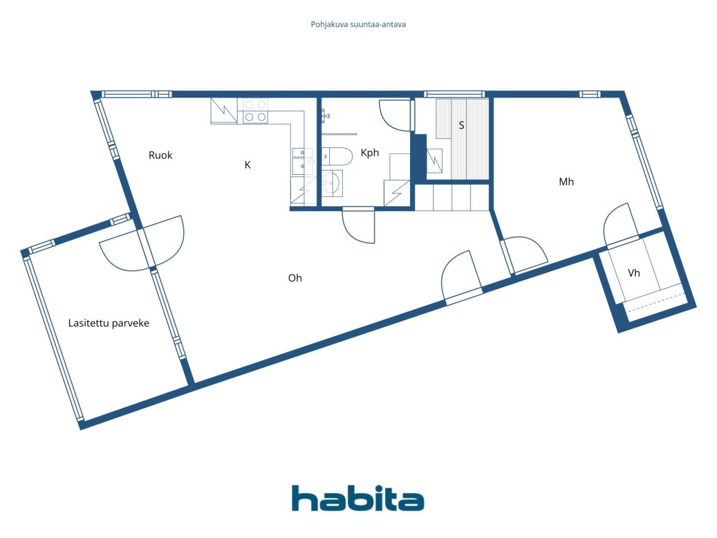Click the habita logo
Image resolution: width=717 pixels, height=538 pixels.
pyautogui.click(x=358, y=498)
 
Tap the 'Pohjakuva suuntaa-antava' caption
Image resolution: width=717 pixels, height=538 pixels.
pyautogui.click(x=358, y=25)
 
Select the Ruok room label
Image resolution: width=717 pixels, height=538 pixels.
pyautogui.click(x=160, y=155)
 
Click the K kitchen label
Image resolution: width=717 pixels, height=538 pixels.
pyautogui.click(x=248, y=165)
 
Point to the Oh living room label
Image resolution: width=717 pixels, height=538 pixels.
pyautogui.click(x=295, y=278)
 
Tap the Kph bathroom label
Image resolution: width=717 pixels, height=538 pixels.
pyautogui.click(x=370, y=153)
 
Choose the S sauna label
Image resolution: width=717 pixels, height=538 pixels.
pyautogui.click(x=462, y=125)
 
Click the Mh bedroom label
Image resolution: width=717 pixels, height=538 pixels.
pyautogui.click(x=566, y=182)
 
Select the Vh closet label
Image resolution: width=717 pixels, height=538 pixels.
pyautogui.click(x=634, y=273)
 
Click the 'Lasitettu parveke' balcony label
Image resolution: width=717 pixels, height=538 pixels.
pyautogui.click(x=109, y=323)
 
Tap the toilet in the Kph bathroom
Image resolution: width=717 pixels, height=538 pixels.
pyautogui.click(x=337, y=156)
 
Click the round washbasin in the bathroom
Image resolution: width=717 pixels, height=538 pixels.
pyautogui.click(x=332, y=183)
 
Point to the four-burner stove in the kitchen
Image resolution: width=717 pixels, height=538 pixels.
pyautogui.click(x=255, y=111)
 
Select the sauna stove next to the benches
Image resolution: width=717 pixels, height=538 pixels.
pyautogui.click(x=435, y=161)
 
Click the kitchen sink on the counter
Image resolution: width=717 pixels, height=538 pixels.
pyautogui.click(x=301, y=162)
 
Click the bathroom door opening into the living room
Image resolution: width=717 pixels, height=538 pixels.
pyautogui.click(x=358, y=225)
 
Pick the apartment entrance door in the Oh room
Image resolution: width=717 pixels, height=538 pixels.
pyautogui.click(x=461, y=277)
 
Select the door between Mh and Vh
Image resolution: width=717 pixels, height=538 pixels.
pyautogui.click(x=621, y=224)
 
